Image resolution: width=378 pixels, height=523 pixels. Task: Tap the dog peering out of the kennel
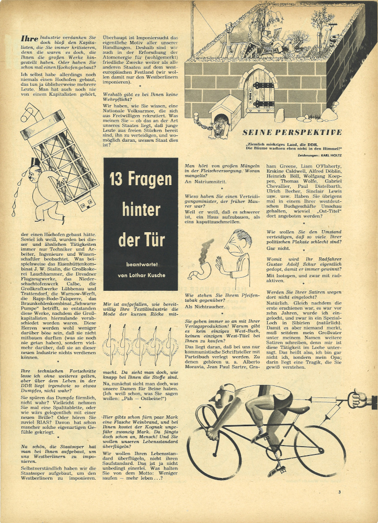click(218, 129)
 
